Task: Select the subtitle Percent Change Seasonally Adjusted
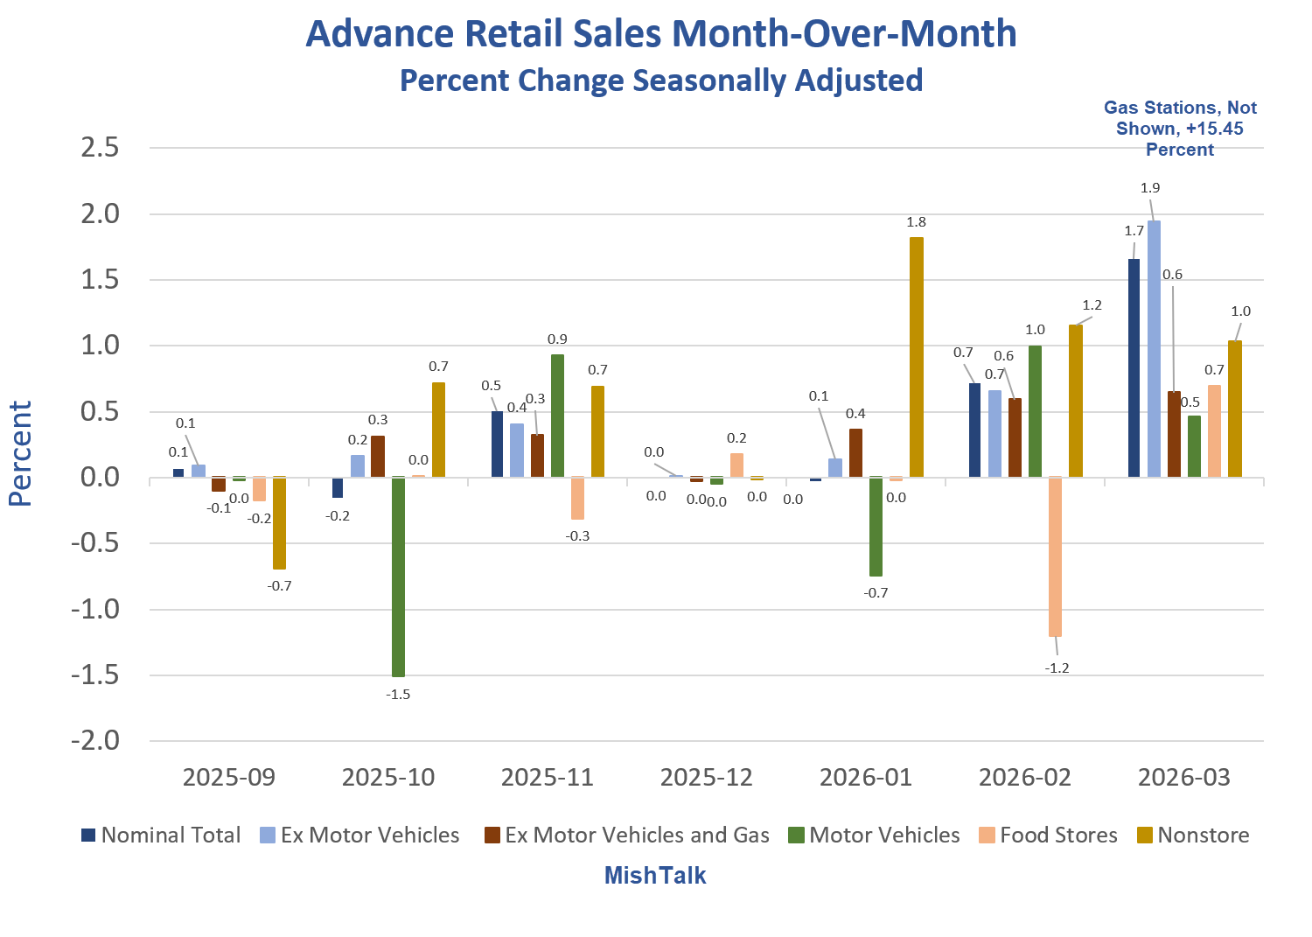(661, 80)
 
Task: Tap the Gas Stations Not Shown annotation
(1180, 129)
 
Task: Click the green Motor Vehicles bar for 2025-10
(398, 577)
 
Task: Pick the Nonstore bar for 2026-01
(916, 357)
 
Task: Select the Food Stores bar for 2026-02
(1055, 556)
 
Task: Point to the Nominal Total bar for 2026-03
(1134, 367)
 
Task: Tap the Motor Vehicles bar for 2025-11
(557, 416)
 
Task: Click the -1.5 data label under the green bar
(398, 695)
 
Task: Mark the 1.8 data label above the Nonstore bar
(916, 222)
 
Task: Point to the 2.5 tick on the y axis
(99, 148)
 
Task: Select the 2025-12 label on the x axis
(706, 777)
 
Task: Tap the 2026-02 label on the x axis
(1024, 777)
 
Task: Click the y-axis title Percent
(20, 453)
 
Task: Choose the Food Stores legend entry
(1048, 836)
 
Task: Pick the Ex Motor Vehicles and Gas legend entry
(627, 836)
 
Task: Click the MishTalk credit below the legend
(655, 876)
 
